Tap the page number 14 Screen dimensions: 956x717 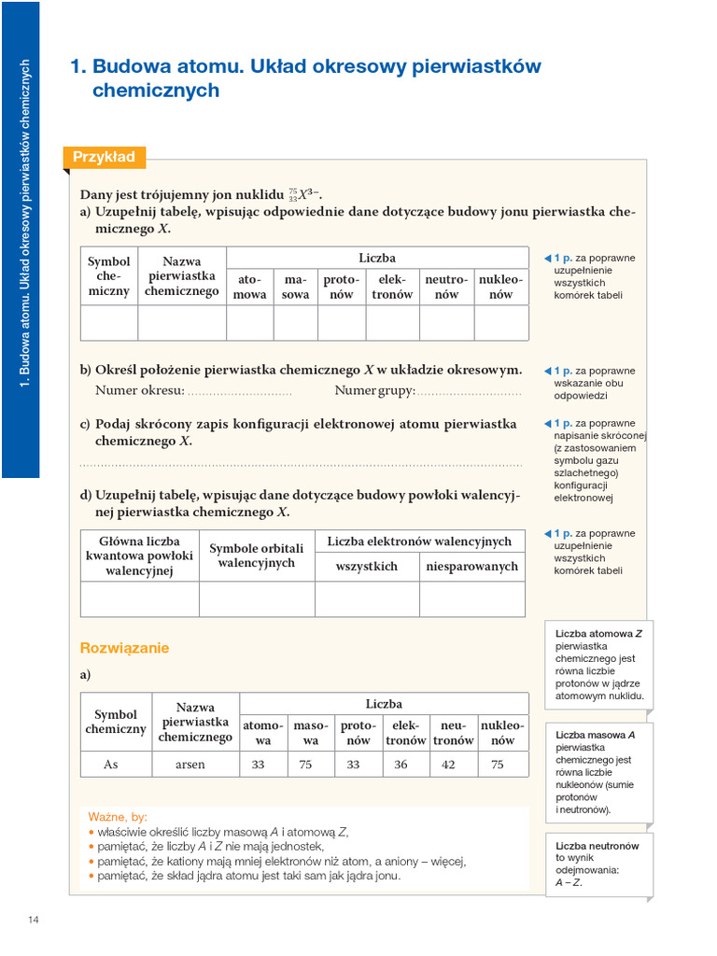tap(34, 921)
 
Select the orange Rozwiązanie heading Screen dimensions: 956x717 tap(124, 648)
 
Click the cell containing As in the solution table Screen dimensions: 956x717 tap(111, 764)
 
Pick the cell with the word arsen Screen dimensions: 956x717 tap(190, 764)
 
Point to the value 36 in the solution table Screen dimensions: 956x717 tap(401, 764)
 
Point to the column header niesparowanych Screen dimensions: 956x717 tap(472, 566)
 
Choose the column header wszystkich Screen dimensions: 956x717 tap(366, 566)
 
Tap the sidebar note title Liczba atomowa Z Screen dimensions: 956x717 tap(598, 633)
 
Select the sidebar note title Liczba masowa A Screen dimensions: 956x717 tap(595, 735)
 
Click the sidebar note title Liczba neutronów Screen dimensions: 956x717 tap(597, 846)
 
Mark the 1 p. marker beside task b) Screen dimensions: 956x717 tap(563, 371)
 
